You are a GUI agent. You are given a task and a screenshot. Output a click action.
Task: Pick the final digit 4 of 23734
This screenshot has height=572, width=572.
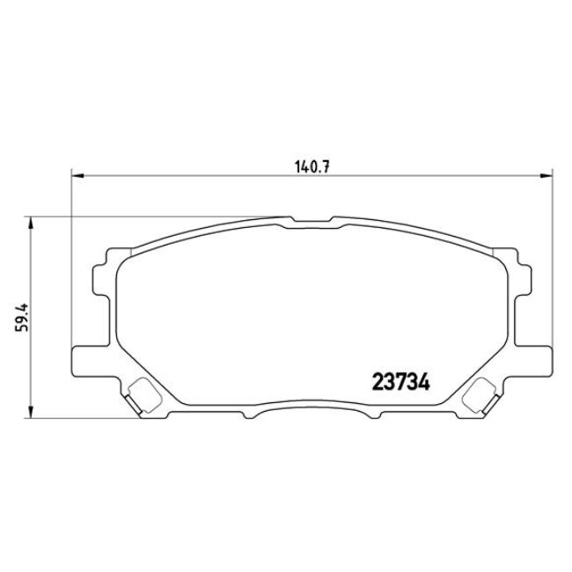click(x=422, y=384)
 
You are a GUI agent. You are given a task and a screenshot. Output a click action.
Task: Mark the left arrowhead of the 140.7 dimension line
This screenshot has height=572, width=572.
click(x=76, y=176)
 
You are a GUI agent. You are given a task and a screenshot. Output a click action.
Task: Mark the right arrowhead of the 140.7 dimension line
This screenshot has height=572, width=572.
click(x=546, y=176)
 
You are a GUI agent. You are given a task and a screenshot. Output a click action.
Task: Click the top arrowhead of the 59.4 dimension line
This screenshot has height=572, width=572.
click(x=32, y=222)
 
